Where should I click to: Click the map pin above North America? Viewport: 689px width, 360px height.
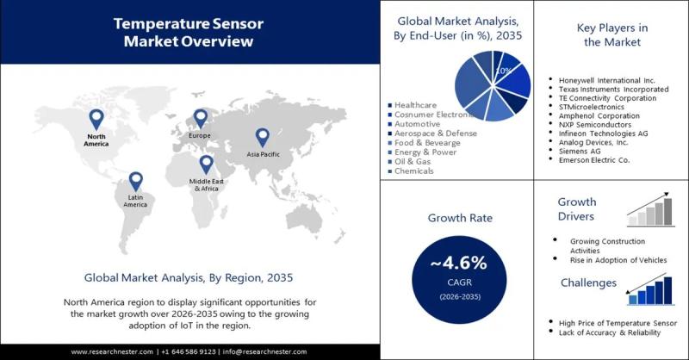pos(96,119)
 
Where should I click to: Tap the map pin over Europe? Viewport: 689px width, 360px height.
pos(200,118)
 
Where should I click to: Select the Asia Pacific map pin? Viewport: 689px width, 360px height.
pos(261,137)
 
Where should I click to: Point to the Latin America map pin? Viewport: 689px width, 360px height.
pos(135,181)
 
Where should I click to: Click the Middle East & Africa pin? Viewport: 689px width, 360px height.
pos(206,164)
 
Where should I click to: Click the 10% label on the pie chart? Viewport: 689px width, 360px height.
pos(506,70)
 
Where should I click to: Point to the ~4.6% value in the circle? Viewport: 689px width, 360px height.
pos(459,262)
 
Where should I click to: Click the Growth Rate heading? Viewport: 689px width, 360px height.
pos(459,218)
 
